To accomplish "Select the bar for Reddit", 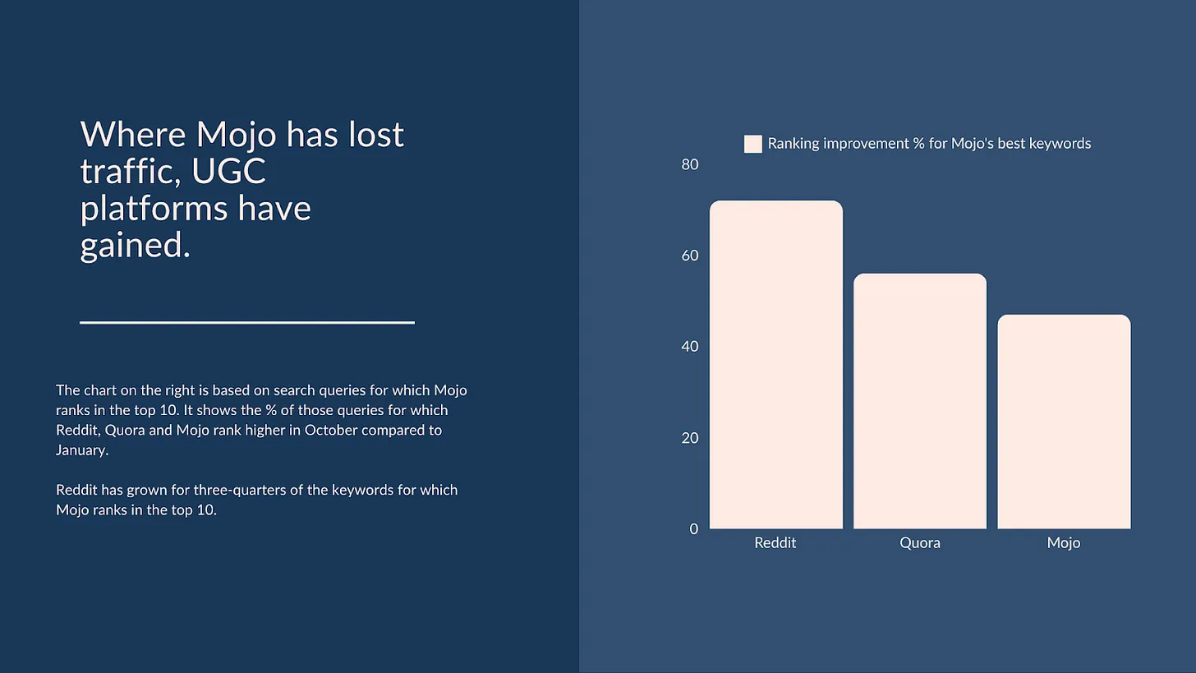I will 775,365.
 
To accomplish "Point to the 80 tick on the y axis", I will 690,164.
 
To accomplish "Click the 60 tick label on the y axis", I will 690,256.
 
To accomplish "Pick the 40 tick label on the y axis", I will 690,347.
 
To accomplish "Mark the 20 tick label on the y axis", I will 690,438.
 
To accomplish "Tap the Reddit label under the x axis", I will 775,543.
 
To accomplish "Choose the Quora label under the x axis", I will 920,543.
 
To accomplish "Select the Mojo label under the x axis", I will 1064,543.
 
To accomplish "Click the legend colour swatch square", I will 752,144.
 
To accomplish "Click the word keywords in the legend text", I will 1060,144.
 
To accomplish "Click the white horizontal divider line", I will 246,323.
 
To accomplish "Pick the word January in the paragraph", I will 81,451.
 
